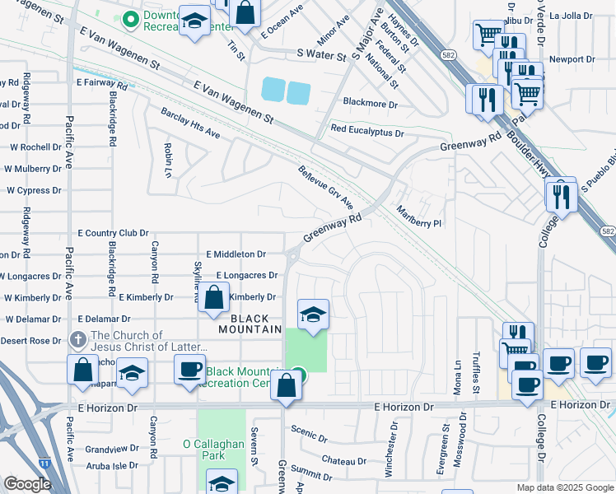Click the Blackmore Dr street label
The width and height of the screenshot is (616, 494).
pyautogui.click(x=370, y=105)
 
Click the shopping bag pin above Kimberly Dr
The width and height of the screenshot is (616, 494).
pyautogui.click(x=213, y=298)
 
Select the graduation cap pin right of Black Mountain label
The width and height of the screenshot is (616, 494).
pyautogui.click(x=312, y=315)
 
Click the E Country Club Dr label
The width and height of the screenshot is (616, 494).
pyautogui.click(x=113, y=234)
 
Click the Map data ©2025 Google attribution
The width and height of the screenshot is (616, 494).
pyautogui.click(x=564, y=487)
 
